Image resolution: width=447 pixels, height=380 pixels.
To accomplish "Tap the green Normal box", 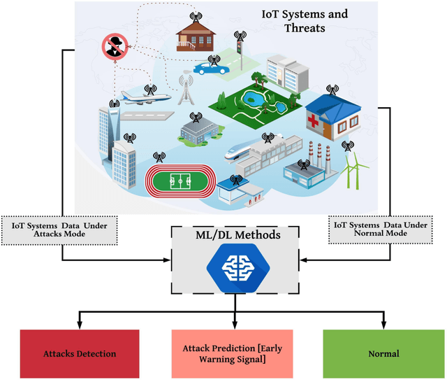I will [x=383, y=353].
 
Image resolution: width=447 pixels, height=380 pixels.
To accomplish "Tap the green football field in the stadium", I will [x=180, y=181].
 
